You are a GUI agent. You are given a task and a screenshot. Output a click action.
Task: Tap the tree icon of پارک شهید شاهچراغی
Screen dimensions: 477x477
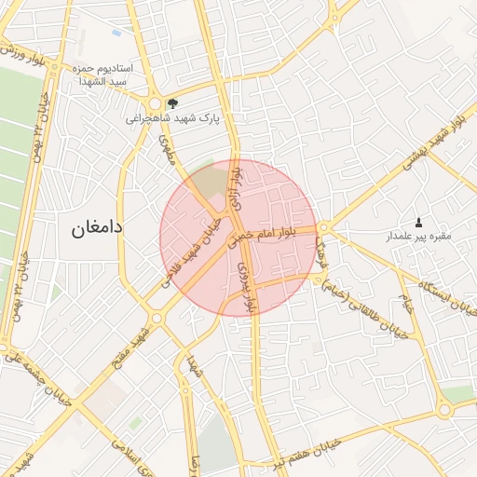click(x=171, y=103)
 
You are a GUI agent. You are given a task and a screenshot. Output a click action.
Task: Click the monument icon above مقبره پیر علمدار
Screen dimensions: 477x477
click(x=418, y=222)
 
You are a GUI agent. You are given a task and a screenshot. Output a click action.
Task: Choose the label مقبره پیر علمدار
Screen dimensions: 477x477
click(x=418, y=237)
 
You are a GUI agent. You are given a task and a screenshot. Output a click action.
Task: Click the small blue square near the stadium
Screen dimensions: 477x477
click(x=116, y=33)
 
